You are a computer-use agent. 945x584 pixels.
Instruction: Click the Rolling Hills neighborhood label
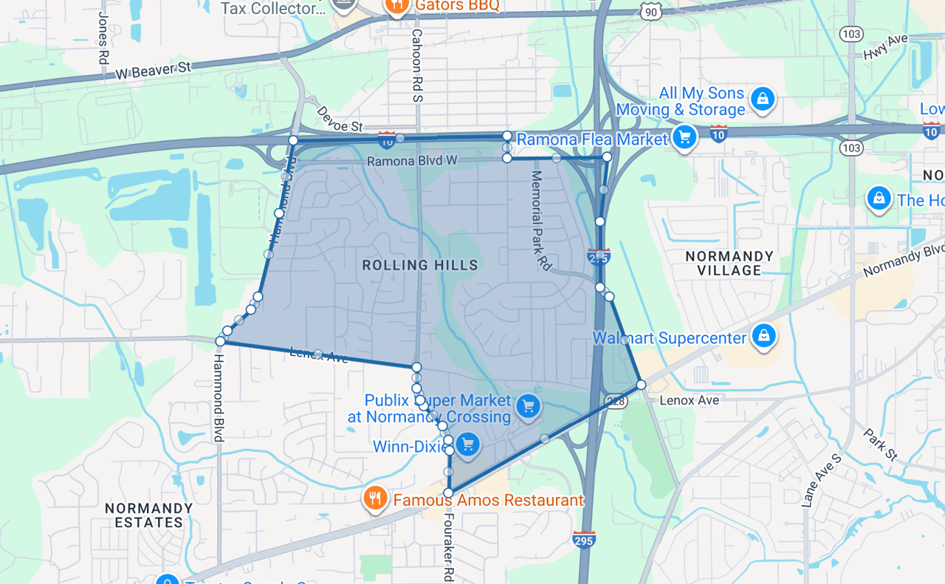420,265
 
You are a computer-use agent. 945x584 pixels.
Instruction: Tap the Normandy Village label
729,264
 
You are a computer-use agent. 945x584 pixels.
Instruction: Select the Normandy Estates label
148,515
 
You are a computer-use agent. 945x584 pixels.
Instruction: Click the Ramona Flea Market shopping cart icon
684,137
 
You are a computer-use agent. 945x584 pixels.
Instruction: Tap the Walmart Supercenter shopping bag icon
763,336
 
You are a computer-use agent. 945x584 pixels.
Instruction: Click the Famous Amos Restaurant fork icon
376,498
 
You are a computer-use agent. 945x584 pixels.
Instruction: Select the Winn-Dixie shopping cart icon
467,445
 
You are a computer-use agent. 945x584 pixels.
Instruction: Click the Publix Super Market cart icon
528,406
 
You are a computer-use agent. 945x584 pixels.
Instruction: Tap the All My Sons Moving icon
762,98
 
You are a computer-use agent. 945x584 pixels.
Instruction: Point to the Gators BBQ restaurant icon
396,4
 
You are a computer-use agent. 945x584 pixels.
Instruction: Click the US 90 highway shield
650,12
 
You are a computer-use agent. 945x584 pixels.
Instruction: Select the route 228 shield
616,401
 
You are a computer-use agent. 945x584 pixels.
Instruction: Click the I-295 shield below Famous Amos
583,539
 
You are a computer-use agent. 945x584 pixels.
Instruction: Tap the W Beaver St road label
153,71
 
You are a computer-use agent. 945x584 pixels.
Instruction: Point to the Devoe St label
340,119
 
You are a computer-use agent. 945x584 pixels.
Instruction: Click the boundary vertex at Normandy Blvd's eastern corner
641,385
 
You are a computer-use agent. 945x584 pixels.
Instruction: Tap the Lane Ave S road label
821,481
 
